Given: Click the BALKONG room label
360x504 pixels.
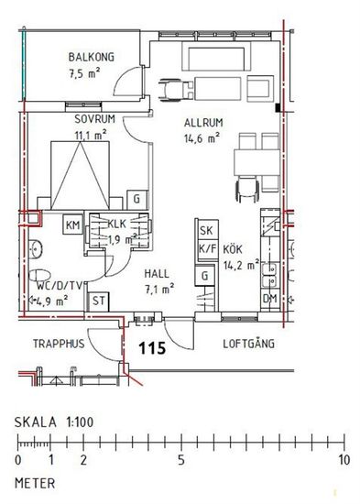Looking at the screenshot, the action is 92,57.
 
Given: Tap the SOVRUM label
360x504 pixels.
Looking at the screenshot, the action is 95,119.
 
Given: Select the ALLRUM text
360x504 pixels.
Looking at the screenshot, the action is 203,123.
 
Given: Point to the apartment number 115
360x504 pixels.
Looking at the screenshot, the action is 152,348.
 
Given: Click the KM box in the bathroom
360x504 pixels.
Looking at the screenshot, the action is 73,225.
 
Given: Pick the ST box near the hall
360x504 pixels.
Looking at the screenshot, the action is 98,301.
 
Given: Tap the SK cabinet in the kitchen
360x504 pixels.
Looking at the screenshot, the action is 206,230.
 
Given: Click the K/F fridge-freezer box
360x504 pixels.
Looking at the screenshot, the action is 208,249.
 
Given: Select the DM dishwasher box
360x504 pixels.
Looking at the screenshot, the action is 270,299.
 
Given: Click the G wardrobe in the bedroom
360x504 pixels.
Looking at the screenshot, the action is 137,199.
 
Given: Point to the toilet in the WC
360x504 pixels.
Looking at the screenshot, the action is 40,276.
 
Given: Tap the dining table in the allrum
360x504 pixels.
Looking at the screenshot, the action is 257,162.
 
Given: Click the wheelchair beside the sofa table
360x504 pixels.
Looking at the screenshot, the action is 176,90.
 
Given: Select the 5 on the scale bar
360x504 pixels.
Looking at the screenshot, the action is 181,460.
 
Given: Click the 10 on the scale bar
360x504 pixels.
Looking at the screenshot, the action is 344,460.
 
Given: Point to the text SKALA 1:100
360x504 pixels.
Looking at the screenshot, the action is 54,422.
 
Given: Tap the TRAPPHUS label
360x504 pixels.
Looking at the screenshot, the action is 59,344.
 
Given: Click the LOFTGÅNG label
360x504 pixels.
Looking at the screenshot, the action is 249,344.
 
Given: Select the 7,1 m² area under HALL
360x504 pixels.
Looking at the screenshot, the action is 159,290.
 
